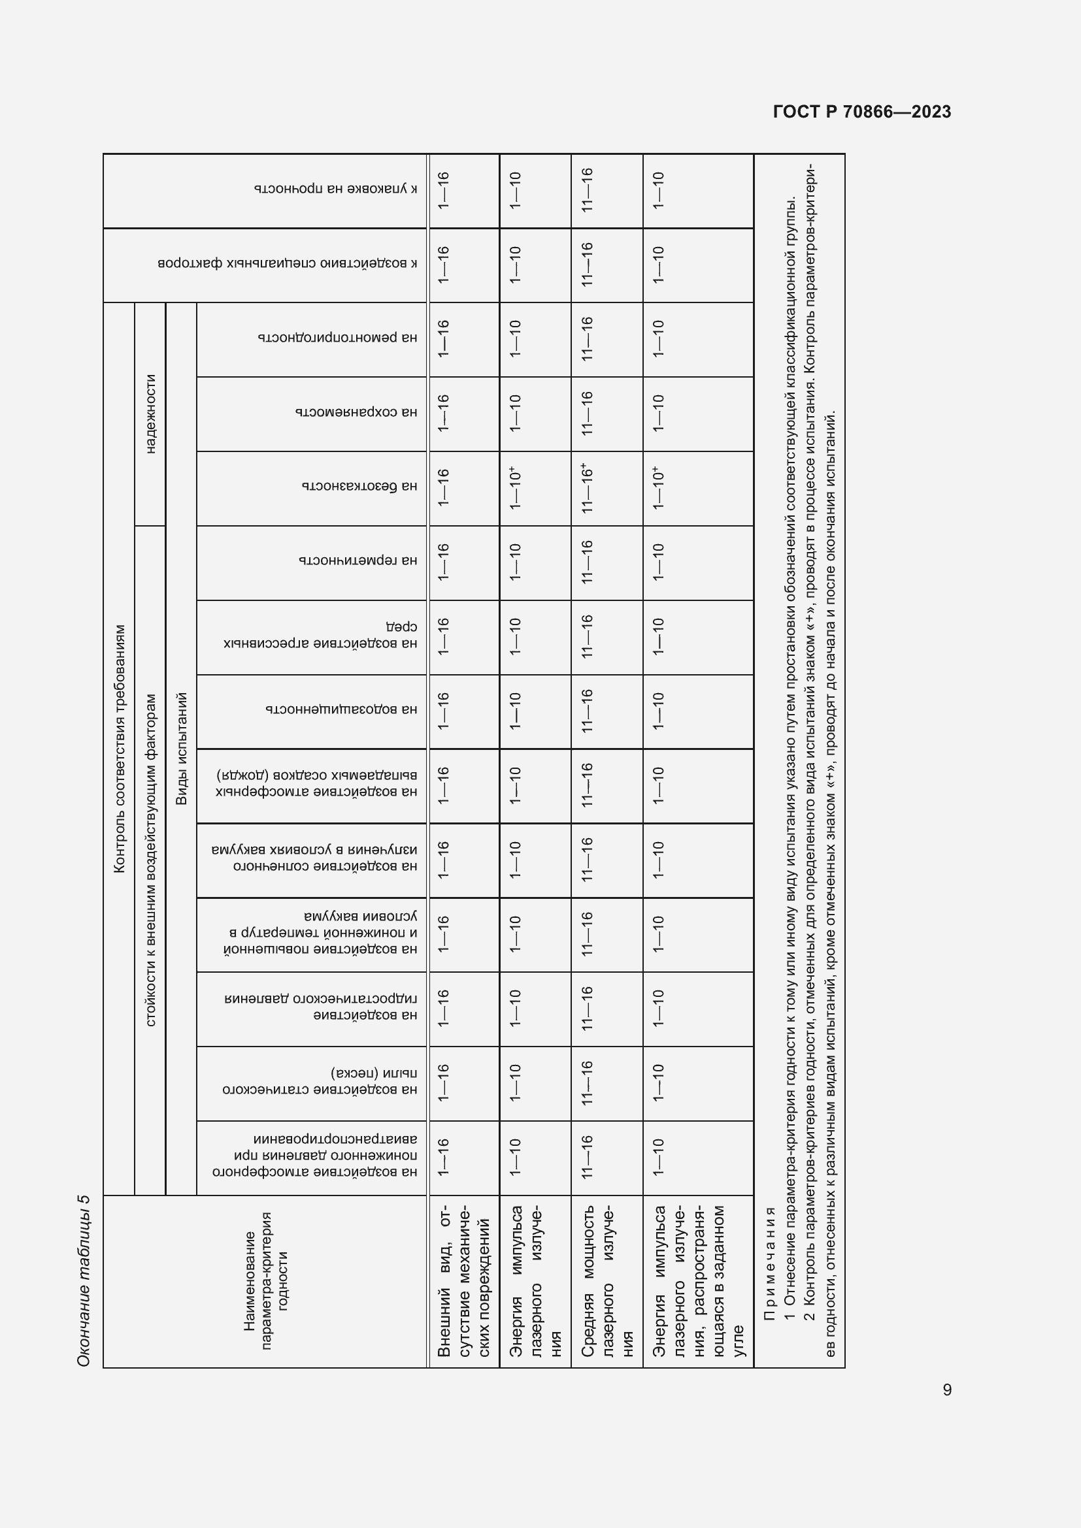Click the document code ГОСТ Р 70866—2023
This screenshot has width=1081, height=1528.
point(861,112)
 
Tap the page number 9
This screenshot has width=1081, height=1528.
point(946,1390)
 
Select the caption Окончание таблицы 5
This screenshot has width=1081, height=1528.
point(84,1280)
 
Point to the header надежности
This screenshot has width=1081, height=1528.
point(150,414)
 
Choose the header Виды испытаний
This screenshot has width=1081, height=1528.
point(181,748)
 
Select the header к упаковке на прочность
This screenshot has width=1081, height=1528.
point(335,189)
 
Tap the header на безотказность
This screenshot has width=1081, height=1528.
point(359,487)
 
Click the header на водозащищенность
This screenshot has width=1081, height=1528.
point(341,710)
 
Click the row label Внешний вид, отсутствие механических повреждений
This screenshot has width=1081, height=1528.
point(464,1280)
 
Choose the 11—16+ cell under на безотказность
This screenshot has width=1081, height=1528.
point(587,488)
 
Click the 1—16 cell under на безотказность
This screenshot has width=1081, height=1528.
point(443,488)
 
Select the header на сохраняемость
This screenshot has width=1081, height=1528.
point(356,413)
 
